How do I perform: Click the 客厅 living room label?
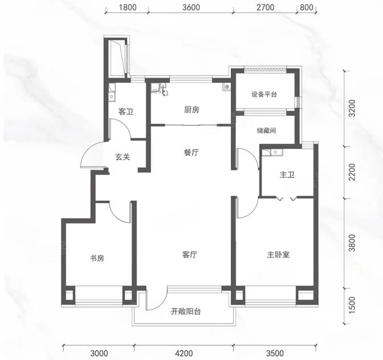pyautogui.click(x=190, y=255)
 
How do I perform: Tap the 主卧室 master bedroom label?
pyautogui.click(x=278, y=255)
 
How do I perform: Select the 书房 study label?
pyautogui.click(x=97, y=258)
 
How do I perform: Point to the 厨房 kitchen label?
pyautogui.click(x=191, y=110)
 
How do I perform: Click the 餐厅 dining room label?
pyautogui.click(x=191, y=152)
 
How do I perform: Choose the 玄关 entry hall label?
pyautogui.click(x=123, y=157)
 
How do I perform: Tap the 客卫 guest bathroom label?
pyautogui.click(x=126, y=112)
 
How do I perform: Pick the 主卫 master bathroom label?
pyautogui.click(x=287, y=175)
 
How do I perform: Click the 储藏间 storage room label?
pyautogui.click(x=266, y=130)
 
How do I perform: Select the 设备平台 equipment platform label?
pyautogui.click(x=264, y=94)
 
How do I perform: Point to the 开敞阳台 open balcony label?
pyautogui.click(x=186, y=312)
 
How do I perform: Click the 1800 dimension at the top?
pyautogui.click(x=128, y=7)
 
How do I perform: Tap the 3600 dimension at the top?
pyautogui.click(x=191, y=7)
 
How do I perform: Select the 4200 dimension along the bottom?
pyautogui.click(x=184, y=353)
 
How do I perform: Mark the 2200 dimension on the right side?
pyautogui.click(x=352, y=172)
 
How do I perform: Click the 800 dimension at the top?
pyautogui.click(x=306, y=7)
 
